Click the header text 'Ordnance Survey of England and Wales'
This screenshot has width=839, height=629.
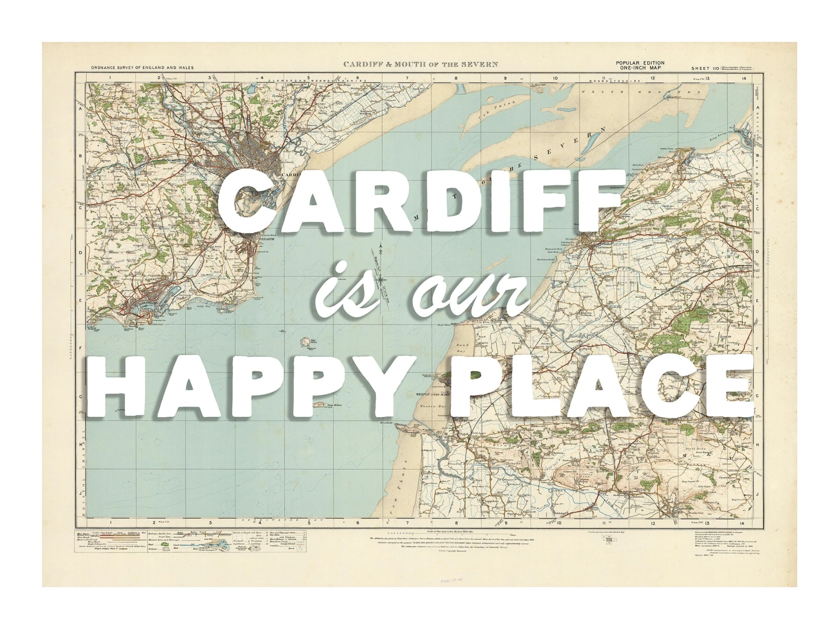[142, 68]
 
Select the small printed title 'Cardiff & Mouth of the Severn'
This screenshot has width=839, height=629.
[420, 64]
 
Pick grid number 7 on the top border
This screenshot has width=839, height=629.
[407, 78]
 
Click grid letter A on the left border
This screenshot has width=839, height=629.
[80, 110]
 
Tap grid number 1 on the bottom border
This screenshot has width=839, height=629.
[110, 523]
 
